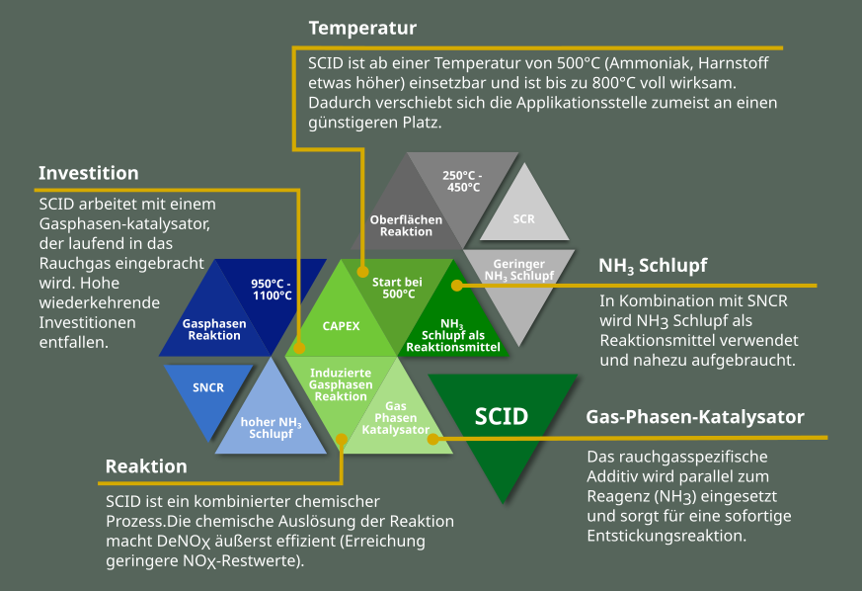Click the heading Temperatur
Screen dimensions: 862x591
(x=362, y=28)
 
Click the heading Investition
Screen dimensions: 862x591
(x=89, y=173)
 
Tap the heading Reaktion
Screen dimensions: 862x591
(x=146, y=466)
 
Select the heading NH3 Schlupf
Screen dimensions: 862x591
(x=653, y=266)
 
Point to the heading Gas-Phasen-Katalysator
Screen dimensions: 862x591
(x=695, y=417)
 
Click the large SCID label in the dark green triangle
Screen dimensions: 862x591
(x=502, y=416)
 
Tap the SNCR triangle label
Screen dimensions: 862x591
(x=208, y=388)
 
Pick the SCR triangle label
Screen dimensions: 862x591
(x=524, y=219)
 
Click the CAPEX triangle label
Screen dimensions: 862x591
(x=341, y=326)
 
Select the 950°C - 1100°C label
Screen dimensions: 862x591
(x=272, y=290)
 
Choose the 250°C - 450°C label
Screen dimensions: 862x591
(x=462, y=182)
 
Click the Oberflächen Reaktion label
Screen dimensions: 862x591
(x=406, y=225)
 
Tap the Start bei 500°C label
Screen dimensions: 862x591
(x=398, y=288)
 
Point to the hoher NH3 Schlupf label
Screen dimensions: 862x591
(x=271, y=428)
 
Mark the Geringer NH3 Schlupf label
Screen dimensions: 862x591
(x=519, y=270)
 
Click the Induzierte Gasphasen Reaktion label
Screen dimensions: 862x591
(x=341, y=384)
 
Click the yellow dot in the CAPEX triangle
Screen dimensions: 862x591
(x=299, y=348)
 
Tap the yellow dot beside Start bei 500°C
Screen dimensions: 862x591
(x=362, y=272)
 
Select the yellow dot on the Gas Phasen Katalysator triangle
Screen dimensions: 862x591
(x=433, y=439)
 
